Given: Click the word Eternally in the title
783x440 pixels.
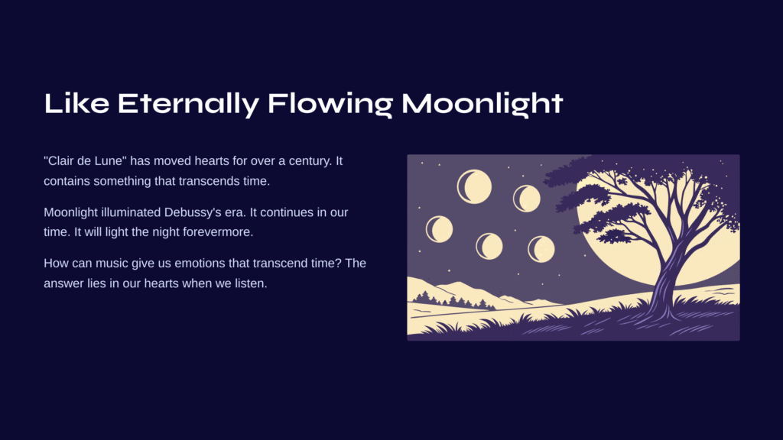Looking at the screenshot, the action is coord(188,103).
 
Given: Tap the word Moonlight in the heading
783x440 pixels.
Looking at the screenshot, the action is coord(482,103).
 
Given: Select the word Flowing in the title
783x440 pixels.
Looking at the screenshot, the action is coord(330,103).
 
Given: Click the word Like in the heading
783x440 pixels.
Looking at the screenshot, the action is coord(76,103).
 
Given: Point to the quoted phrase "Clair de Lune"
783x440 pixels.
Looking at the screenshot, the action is coord(86,160).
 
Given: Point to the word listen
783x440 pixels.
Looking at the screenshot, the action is coord(250,283).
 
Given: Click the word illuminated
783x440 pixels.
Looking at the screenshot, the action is coord(131,212).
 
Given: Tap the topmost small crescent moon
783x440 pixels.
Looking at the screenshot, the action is coord(474,186).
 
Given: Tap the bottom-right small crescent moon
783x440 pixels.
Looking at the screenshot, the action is coord(541,249).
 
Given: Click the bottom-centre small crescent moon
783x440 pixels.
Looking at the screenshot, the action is coord(489,246).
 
